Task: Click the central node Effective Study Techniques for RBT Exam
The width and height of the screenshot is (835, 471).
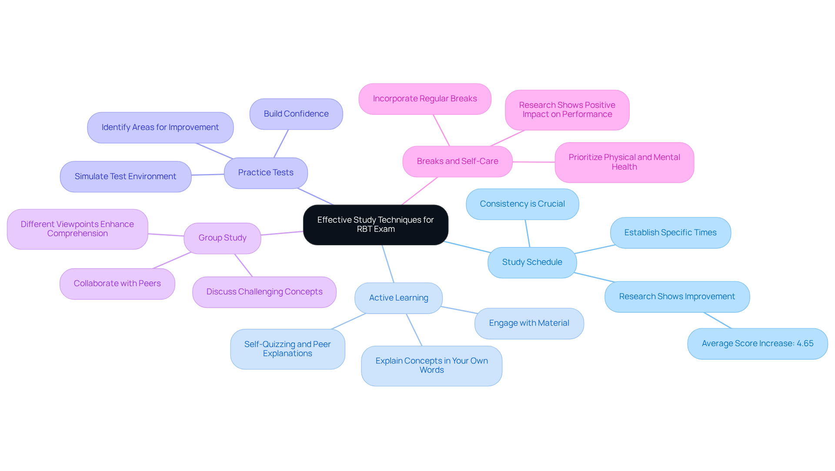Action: (x=375, y=224)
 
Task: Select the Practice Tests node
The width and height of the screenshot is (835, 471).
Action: (x=266, y=173)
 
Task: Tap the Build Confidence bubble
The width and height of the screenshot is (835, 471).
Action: (x=296, y=114)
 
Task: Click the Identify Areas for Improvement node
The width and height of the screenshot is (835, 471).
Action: (x=160, y=127)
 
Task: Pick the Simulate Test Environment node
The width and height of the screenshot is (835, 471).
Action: (x=125, y=177)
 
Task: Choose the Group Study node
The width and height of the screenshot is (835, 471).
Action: (x=222, y=238)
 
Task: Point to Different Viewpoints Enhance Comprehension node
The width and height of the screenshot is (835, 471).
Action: (x=77, y=229)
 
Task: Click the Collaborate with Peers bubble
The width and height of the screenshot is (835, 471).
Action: (x=117, y=284)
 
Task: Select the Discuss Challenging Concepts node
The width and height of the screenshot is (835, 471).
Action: (x=264, y=292)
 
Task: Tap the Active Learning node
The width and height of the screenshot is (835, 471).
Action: (x=398, y=298)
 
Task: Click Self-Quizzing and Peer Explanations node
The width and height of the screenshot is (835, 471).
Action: (x=287, y=349)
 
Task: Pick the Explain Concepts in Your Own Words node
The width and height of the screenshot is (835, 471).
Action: (x=431, y=365)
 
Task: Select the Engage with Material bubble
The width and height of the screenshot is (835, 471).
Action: (x=529, y=323)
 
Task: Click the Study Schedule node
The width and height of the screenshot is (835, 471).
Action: (x=532, y=262)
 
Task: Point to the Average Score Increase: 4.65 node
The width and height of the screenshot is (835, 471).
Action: (x=757, y=344)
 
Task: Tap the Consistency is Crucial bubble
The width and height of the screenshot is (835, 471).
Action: (x=522, y=204)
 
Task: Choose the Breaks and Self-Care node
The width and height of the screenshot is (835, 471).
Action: (x=457, y=161)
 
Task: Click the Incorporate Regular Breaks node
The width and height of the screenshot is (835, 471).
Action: (x=424, y=99)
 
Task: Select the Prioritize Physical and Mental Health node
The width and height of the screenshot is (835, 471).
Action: (x=624, y=162)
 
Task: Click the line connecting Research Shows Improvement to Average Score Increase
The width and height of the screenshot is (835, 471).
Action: (x=718, y=321)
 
